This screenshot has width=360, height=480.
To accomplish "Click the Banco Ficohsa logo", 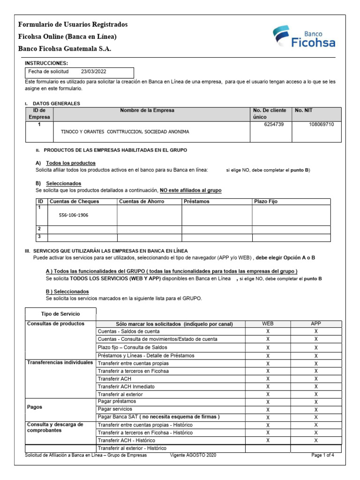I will [x=304, y=38].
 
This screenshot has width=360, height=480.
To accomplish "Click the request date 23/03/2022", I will [x=93, y=72].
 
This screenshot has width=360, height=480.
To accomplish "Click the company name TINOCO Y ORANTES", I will [x=125, y=132].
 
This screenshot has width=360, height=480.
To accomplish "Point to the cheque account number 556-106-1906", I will [x=74, y=215].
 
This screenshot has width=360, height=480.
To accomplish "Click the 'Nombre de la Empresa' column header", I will [x=147, y=111].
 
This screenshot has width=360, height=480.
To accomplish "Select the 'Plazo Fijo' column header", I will [x=266, y=202].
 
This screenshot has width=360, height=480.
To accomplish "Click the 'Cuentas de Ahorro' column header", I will [x=139, y=202].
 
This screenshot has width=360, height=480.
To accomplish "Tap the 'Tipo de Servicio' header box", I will [x=61, y=314].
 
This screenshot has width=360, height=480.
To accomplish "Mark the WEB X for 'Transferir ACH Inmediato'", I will [x=268, y=387].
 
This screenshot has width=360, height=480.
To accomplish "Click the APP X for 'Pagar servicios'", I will [x=316, y=409].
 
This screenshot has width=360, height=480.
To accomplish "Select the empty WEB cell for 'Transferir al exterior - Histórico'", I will [x=268, y=448].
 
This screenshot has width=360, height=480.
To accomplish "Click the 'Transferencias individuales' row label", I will [x=60, y=363].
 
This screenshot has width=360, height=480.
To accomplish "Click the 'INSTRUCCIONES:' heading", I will [x=46, y=63].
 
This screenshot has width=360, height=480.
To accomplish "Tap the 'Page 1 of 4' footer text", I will [x=323, y=455].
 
